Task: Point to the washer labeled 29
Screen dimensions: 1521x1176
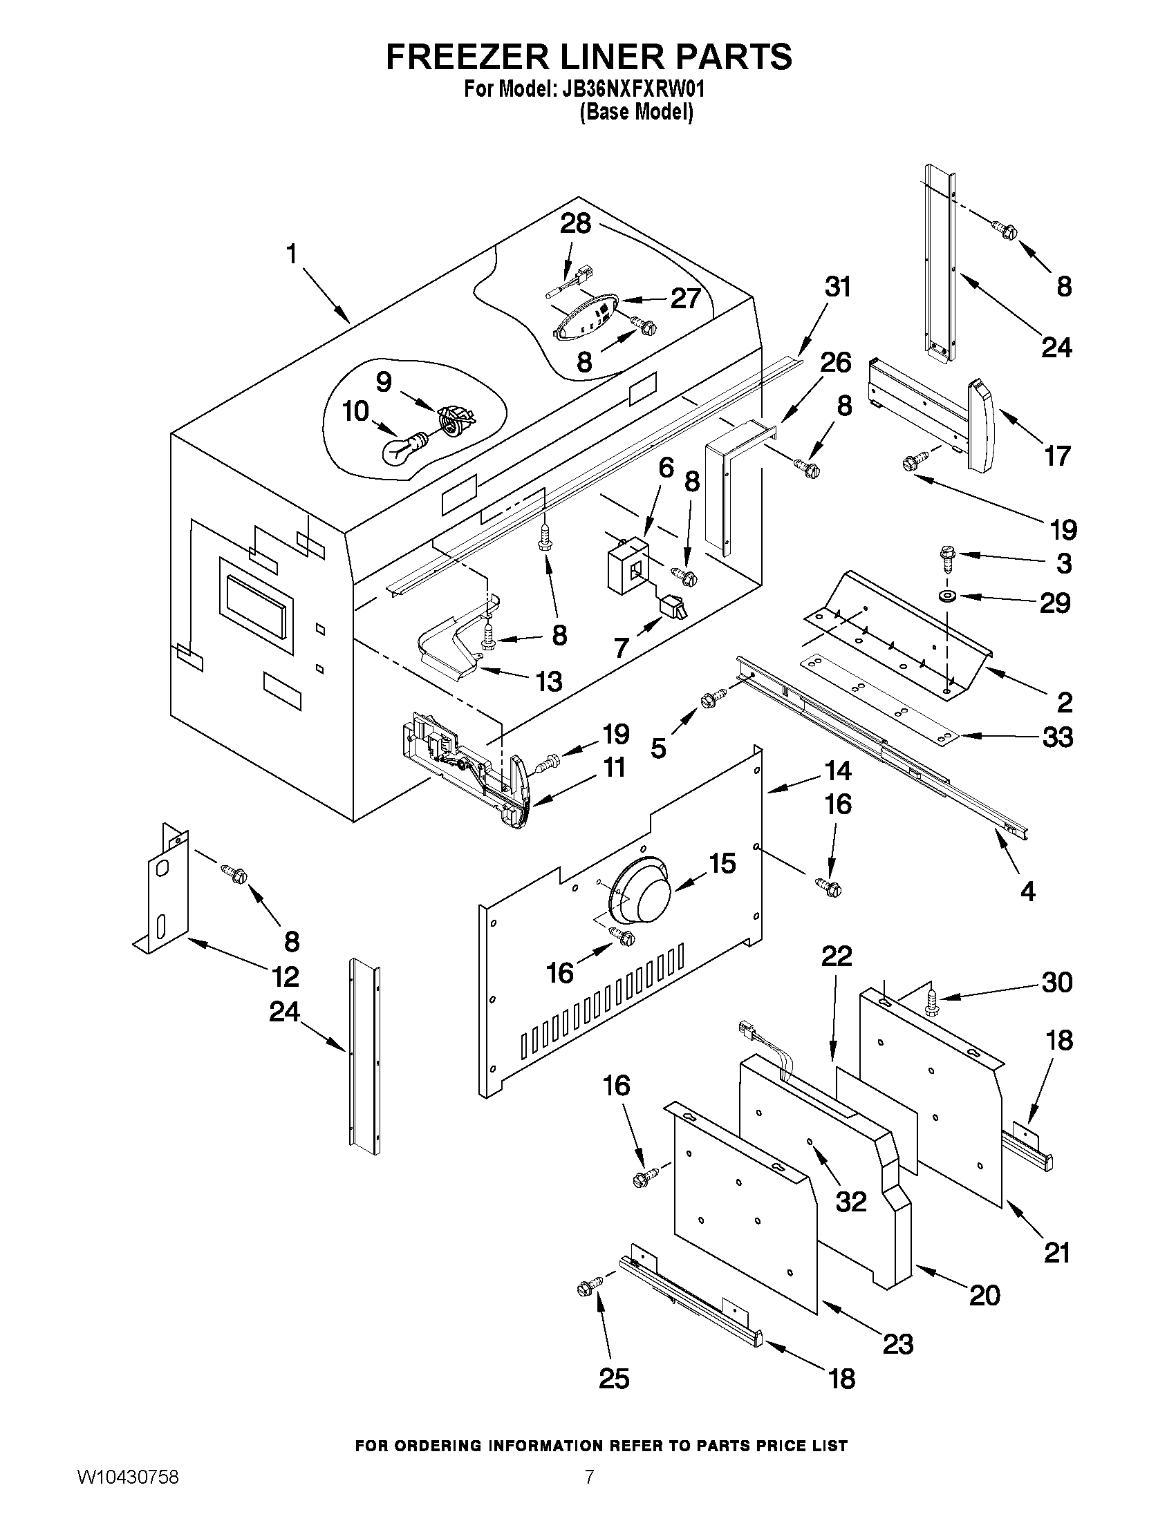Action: pyautogui.click(x=947, y=596)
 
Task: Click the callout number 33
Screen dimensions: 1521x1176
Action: pyautogui.click(x=1057, y=737)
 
